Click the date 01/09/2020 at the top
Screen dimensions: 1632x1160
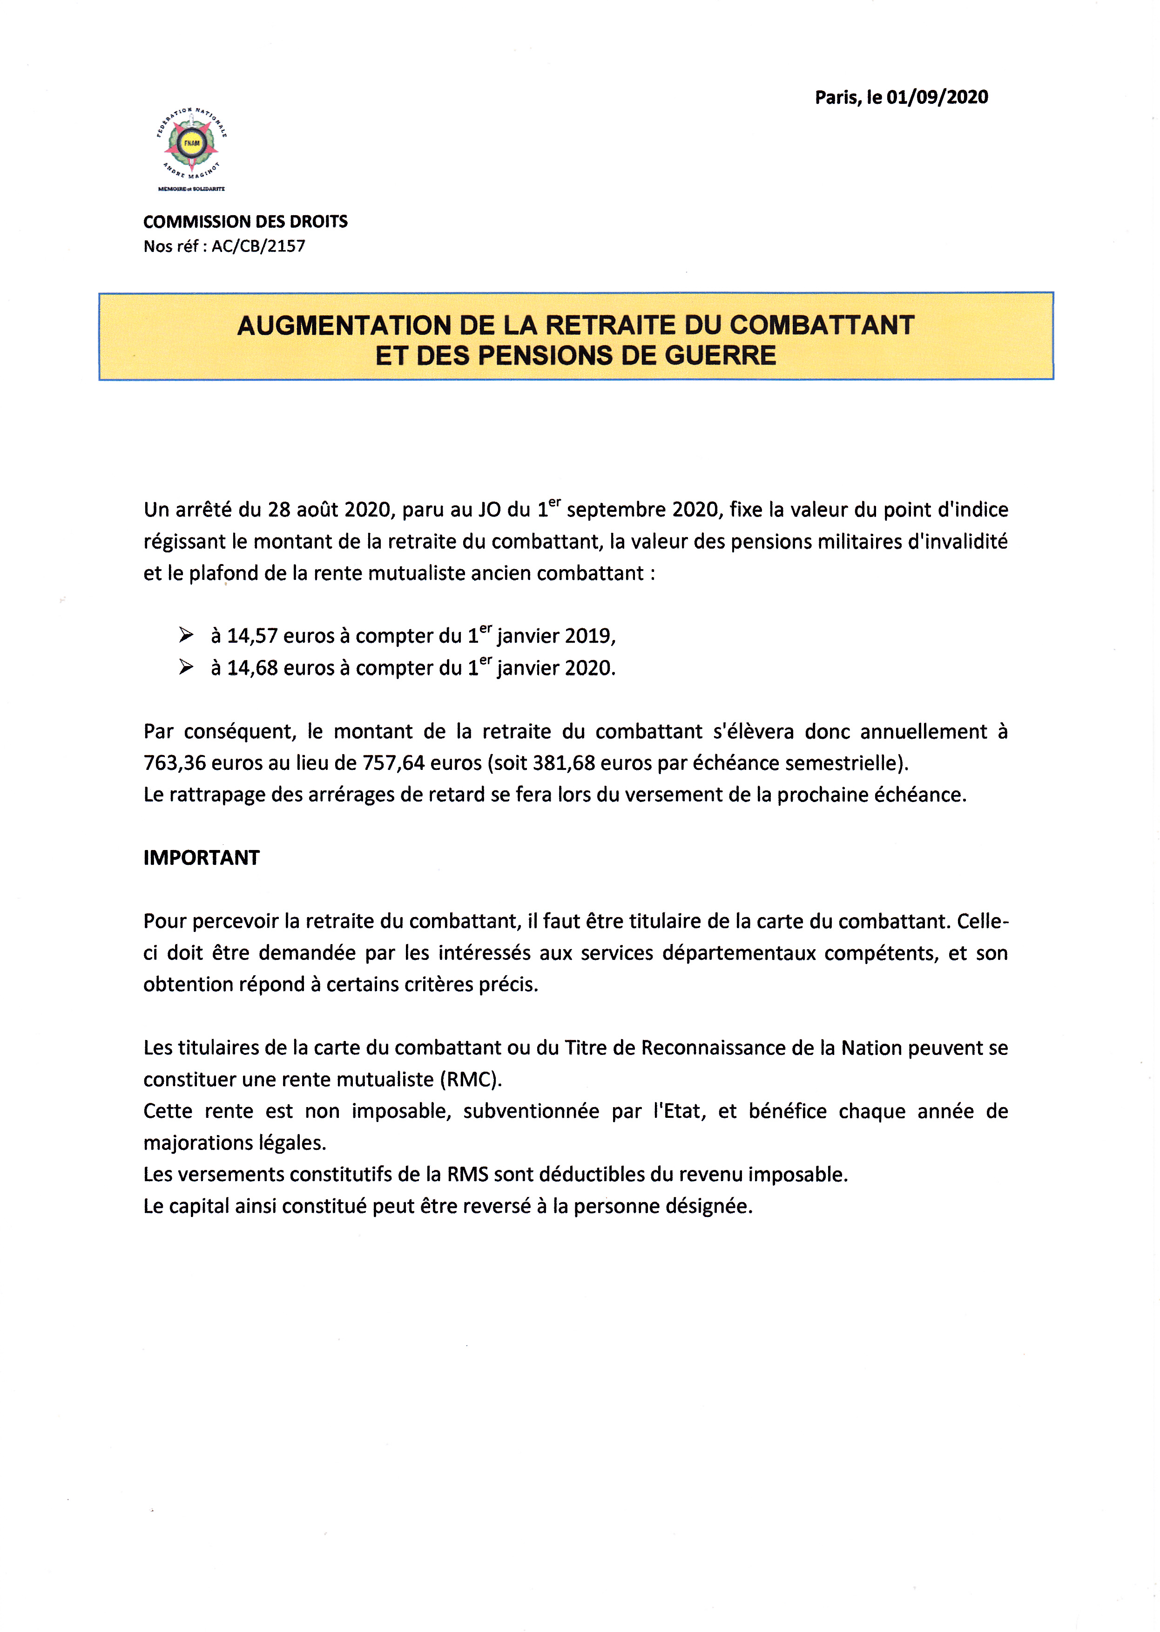coord(937,98)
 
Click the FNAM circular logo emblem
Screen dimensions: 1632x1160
coord(191,143)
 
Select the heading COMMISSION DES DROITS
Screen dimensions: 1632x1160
coord(245,222)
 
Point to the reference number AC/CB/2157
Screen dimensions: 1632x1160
coord(258,246)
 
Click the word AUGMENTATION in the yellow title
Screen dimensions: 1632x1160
coord(344,326)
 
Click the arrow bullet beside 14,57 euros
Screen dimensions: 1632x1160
coord(186,634)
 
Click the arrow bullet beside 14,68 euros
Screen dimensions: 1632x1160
coord(186,666)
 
